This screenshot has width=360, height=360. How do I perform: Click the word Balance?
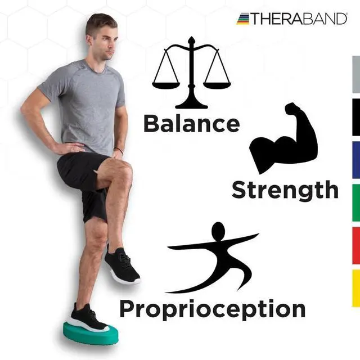pyautogui.click(x=191, y=123)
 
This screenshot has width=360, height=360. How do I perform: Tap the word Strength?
pyautogui.click(x=285, y=190)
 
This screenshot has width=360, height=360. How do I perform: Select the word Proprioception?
pyautogui.click(x=212, y=309)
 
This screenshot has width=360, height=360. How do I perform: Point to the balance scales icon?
pyautogui.click(x=191, y=73)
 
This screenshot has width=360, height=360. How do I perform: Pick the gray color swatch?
pyautogui.click(x=355, y=74)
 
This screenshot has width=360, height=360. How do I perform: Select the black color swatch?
pyautogui.click(x=355, y=117)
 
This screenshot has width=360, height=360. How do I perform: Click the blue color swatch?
pyautogui.click(x=355, y=160)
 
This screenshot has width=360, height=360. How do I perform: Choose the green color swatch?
pyautogui.click(x=355, y=202)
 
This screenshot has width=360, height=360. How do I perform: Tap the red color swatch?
pyautogui.click(x=355, y=245)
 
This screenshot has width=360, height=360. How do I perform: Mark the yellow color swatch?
pyautogui.click(x=355, y=288)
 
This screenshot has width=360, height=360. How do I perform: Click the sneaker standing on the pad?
pyautogui.click(x=87, y=318)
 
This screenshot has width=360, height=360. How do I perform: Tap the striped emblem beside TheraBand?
pyautogui.click(x=242, y=19)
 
